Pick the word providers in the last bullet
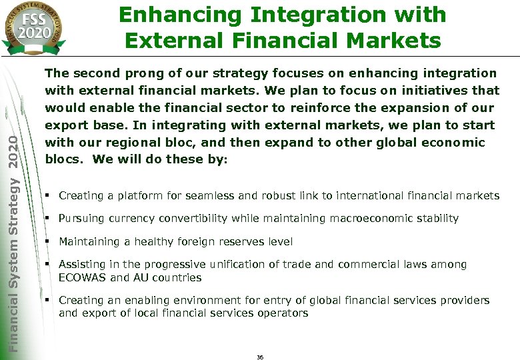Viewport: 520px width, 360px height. [465, 300]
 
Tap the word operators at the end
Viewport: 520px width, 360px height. [285, 313]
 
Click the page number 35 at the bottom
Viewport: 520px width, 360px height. [260, 357]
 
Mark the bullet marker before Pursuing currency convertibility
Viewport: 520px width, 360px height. [49, 218]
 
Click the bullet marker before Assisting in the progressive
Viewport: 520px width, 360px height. [49, 264]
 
